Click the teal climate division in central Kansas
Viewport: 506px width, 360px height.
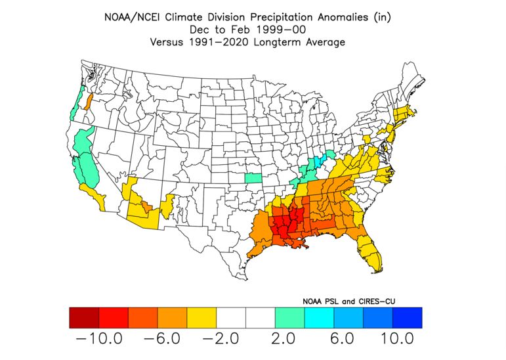(x=253, y=177)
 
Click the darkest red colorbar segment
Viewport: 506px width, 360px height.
(x=83, y=317)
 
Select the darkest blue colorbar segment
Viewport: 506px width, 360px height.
(x=407, y=317)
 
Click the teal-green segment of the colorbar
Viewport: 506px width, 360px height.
(x=289, y=317)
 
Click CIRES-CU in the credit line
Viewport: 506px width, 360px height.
(x=379, y=301)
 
